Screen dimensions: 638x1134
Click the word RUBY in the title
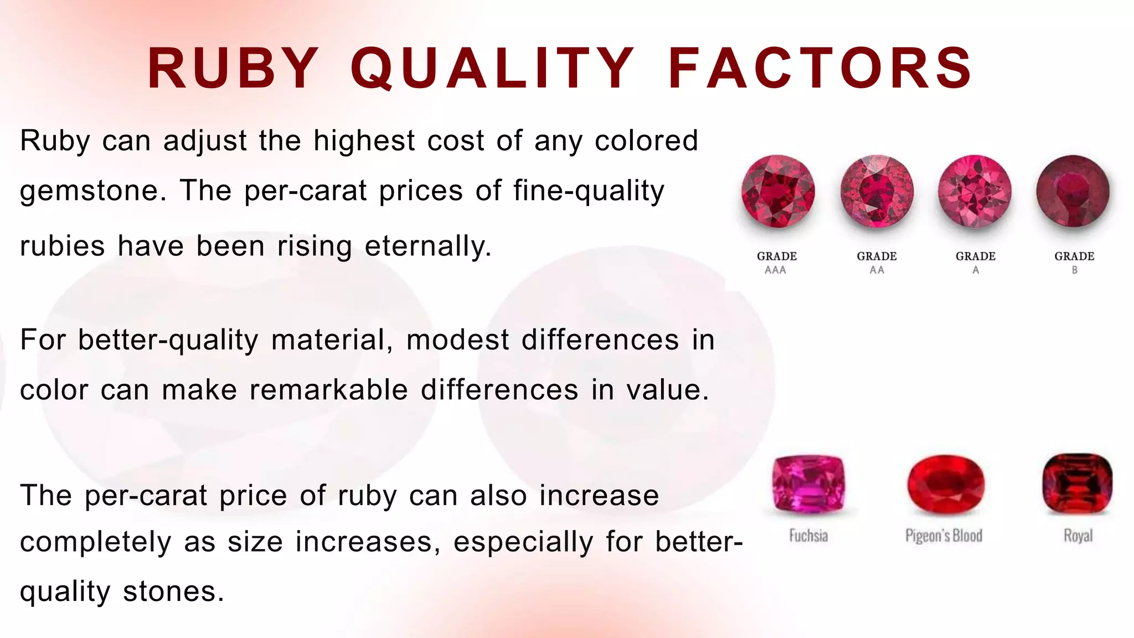233,68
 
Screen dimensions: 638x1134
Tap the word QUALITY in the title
492,68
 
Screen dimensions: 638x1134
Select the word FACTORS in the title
820,68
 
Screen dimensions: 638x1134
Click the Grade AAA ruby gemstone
777,192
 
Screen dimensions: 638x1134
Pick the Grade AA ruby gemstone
877,192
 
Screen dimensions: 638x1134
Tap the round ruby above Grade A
975,192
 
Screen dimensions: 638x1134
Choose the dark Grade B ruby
1073,192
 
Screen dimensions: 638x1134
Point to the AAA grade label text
776,270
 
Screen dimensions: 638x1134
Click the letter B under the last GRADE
1074,270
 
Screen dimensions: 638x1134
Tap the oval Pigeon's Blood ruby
945,484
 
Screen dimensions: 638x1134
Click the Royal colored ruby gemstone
1077,483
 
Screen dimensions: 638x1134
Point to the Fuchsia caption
808,536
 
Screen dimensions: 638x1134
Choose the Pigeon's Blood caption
944,536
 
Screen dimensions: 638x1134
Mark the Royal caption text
1078,536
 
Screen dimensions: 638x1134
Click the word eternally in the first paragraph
427,246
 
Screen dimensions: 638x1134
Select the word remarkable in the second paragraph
328,390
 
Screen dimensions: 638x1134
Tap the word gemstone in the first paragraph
92,192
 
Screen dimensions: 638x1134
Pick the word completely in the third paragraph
95,542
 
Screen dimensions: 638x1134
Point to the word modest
457,340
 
